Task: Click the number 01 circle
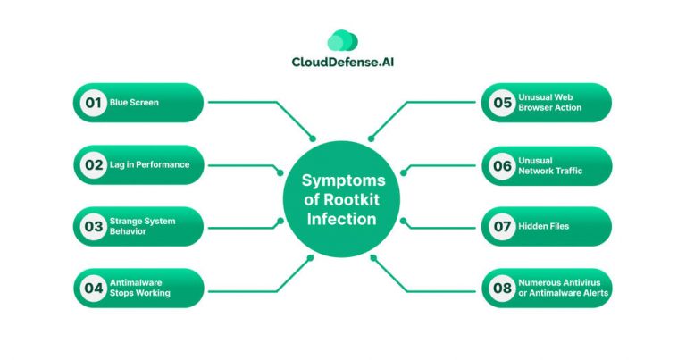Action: coord(92,103)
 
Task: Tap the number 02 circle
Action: coord(92,164)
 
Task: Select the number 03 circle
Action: coord(92,227)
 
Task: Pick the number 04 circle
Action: coord(92,289)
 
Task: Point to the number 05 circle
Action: coord(502,103)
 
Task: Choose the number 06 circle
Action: coord(502,164)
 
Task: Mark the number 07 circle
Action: coord(502,227)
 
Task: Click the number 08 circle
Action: coord(502,289)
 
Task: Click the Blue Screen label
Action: coord(134,103)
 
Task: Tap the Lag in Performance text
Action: coord(149,164)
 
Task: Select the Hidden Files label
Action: coord(543,227)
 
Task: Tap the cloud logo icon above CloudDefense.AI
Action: coord(342,40)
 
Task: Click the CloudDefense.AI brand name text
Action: coord(342,63)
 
